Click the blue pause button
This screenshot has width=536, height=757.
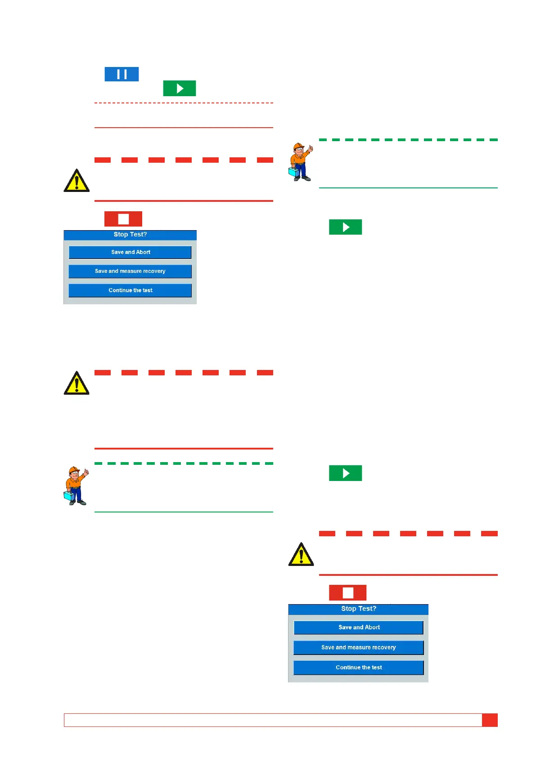pyautogui.click(x=122, y=74)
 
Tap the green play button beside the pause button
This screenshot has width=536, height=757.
pyautogui.click(x=179, y=89)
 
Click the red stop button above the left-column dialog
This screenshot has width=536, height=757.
pyautogui.click(x=123, y=219)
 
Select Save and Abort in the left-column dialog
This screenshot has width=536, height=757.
pyautogui.click(x=130, y=252)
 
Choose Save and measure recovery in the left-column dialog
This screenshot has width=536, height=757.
pyautogui.click(x=130, y=271)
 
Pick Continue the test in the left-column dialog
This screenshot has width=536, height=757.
pyautogui.click(x=130, y=290)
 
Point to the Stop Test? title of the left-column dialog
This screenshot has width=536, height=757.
pyautogui.click(x=130, y=235)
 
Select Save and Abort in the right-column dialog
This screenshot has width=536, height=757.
pyautogui.click(x=358, y=628)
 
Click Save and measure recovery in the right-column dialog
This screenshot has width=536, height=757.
pyautogui.click(x=358, y=647)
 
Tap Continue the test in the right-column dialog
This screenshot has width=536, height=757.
pyautogui.click(x=358, y=668)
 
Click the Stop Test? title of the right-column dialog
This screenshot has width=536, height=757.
pyautogui.click(x=358, y=609)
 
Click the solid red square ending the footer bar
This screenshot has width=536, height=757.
pyautogui.click(x=490, y=720)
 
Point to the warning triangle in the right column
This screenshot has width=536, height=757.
pyautogui.click(x=301, y=555)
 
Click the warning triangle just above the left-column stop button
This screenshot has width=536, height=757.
pyautogui.click(x=77, y=181)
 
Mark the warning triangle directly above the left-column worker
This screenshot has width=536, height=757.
pyautogui.click(x=77, y=383)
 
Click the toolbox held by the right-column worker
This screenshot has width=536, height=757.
pyautogui.click(x=293, y=172)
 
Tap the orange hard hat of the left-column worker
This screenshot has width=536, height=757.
pyautogui.click(x=73, y=470)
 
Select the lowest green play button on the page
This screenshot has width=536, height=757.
pyautogui.click(x=345, y=473)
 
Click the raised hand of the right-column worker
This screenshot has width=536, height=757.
pyautogui.click(x=311, y=148)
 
